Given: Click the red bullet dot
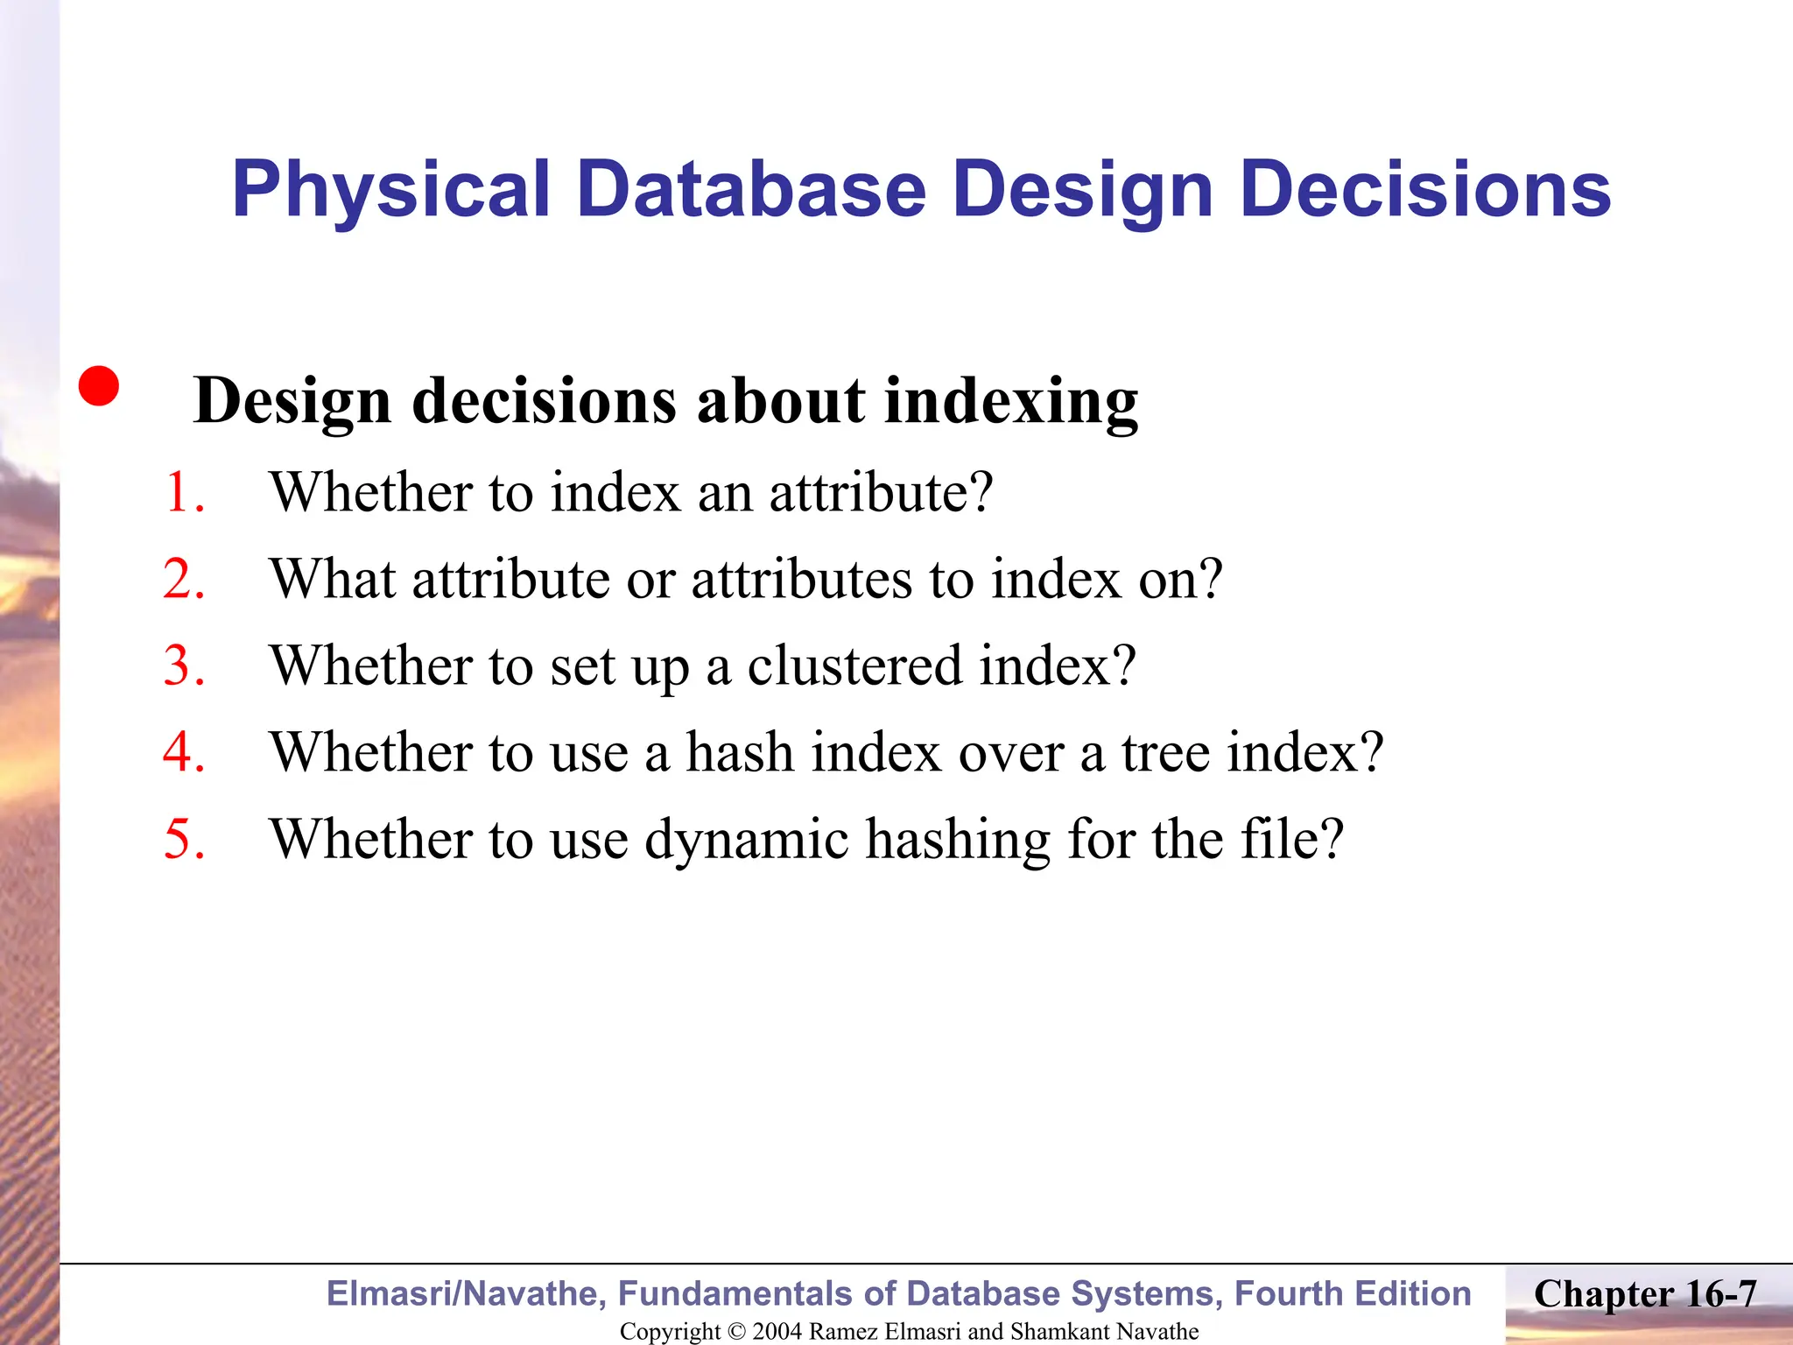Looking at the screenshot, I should (x=98, y=386).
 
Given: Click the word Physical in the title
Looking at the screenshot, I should (x=390, y=190).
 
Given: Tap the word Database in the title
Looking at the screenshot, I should (x=751, y=190).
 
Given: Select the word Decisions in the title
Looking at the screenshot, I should (x=1424, y=190).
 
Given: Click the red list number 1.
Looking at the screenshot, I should (x=183, y=492).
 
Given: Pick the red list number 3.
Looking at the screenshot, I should (x=183, y=665).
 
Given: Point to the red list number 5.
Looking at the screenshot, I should (x=183, y=839).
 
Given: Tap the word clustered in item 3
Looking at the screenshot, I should (x=854, y=665).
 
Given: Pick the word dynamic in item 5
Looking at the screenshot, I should (x=747, y=839).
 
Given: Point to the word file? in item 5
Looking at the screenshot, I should (x=1292, y=839).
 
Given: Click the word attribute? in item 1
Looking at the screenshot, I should (x=881, y=492).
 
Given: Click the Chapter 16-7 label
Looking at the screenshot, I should (x=1645, y=1294).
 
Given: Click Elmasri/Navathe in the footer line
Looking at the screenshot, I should (x=465, y=1294).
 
